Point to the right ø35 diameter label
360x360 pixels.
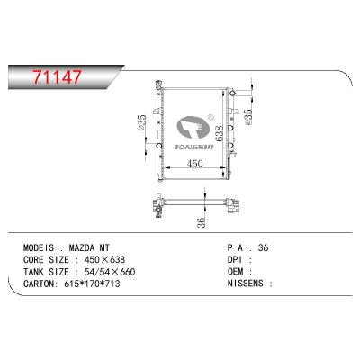coord(248,116)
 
